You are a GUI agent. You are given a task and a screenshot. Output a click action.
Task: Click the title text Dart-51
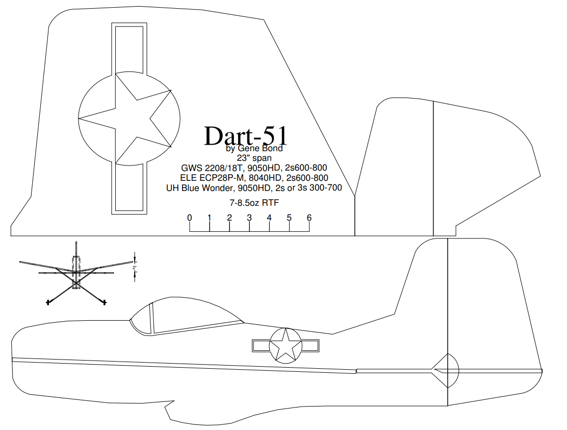(x=246, y=136)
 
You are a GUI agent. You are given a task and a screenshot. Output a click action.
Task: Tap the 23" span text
(x=254, y=158)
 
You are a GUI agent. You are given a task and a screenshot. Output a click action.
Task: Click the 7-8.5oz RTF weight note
(x=254, y=203)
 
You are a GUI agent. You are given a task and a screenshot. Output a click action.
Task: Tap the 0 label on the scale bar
(x=190, y=218)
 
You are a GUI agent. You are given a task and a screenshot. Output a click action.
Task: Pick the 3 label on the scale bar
(x=249, y=218)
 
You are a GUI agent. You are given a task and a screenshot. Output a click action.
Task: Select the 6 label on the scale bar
(x=309, y=218)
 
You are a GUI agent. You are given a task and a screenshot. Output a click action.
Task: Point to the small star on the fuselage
(x=286, y=345)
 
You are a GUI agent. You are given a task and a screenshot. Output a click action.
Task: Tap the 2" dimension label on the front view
(x=135, y=268)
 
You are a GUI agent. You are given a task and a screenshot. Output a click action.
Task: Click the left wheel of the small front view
(x=48, y=302)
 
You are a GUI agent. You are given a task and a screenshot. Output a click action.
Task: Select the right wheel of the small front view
(x=105, y=301)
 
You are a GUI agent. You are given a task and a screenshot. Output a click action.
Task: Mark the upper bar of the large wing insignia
(x=129, y=49)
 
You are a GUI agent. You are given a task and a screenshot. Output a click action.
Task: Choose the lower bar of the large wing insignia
(x=129, y=188)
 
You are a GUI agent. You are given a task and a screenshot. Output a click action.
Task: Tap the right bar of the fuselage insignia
(x=310, y=346)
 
